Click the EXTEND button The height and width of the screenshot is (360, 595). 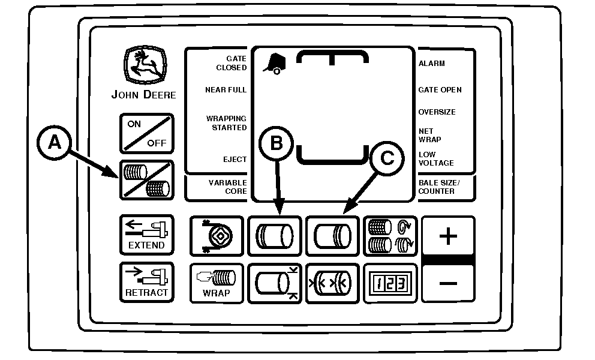(x=147, y=235)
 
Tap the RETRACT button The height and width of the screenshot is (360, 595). (x=147, y=282)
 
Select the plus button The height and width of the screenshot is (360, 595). (x=448, y=236)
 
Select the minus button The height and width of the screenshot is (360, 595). (x=448, y=283)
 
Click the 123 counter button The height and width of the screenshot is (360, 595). (x=390, y=283)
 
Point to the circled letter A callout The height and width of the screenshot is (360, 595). (x=54, y=143)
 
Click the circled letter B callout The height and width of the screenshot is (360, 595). (x=277, y=143)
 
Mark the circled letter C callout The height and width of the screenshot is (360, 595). (x=387, y=158)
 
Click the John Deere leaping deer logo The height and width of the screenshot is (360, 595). (x=145, y=65)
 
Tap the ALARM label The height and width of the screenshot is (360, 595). (x=431, y=64)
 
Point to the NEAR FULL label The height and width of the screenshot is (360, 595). (x=226, y=89)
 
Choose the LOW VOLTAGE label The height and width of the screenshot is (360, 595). (x=436, y=159)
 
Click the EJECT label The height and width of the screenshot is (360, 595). (x=235, y=160)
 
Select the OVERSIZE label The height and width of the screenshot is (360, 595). (x=437, y=112)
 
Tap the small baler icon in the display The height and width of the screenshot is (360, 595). (x=274, y=64)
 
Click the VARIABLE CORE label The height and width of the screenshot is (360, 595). (x=228, y=187)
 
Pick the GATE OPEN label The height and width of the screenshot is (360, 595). (x=440, y=90)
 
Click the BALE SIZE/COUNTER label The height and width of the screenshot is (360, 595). (x=439, y=187)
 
